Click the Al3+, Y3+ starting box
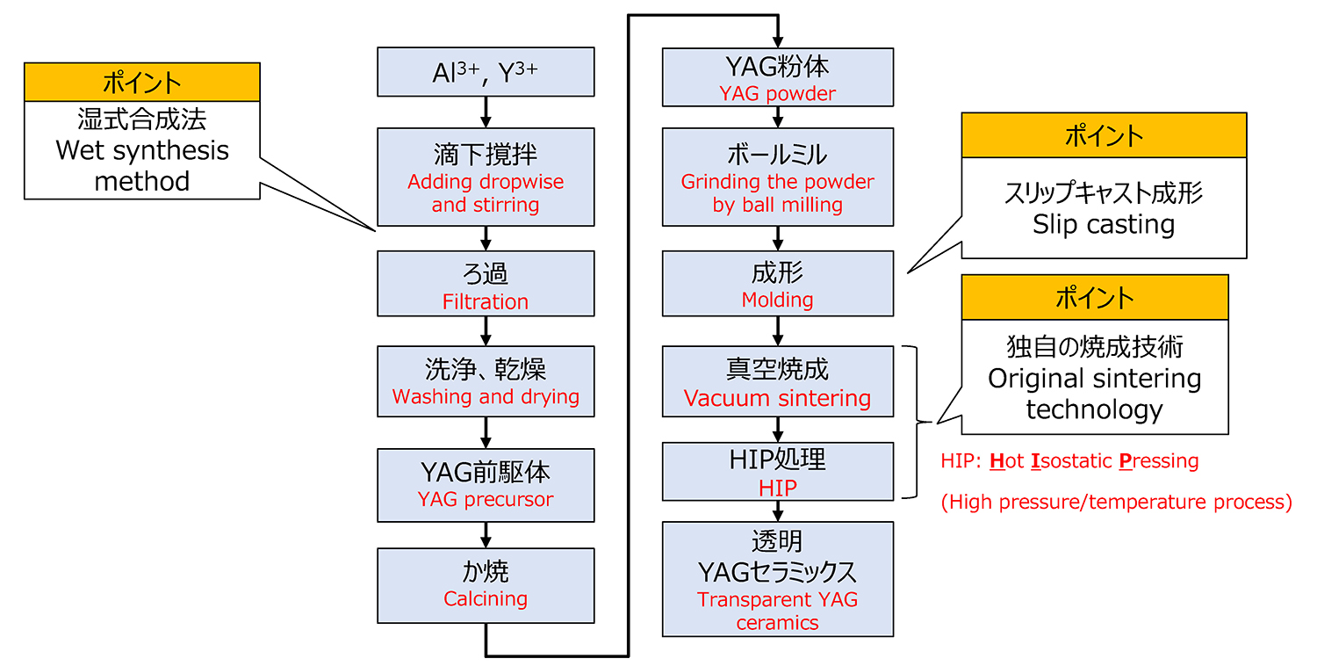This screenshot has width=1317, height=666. (486, 72)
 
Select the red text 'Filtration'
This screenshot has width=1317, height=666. (486, 302)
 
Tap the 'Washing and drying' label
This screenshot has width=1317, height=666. (486, 397)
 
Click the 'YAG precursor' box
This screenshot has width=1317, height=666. (486, 485)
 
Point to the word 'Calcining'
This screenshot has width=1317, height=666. (486, 599)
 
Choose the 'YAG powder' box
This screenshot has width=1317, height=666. (778, 77)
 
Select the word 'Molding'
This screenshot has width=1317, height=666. (778, 300)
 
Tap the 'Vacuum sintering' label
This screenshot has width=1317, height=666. (778, 399)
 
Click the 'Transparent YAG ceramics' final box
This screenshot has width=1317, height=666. (778, 580)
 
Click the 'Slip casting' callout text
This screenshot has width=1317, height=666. (1104, 224)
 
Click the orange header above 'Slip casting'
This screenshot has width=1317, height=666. (1104, 135)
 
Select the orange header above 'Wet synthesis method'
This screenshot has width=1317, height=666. (142, 83)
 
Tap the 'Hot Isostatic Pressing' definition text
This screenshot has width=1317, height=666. (1069, 461)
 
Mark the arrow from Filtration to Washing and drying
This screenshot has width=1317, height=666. (486, 331)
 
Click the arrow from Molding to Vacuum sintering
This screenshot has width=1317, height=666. (778, 331)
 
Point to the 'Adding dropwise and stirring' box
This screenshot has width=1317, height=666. (486, 177)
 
